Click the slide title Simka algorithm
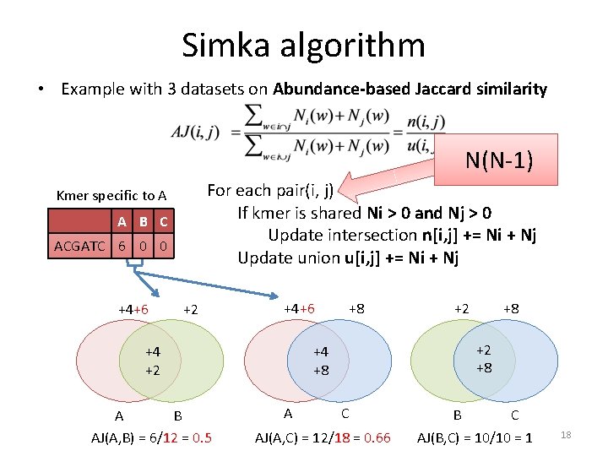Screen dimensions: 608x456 pos(303,45)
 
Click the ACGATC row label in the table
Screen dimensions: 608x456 pos(80,247)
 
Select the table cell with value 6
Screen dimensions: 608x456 pos(122,247)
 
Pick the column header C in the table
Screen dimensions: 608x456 pos(163,222)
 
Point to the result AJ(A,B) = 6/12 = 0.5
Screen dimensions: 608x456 pos(151,437)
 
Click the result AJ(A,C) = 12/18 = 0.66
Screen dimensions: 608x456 pos(323,437)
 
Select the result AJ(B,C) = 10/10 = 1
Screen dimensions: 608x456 pos(475,437)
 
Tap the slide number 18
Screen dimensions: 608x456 pos(567,434)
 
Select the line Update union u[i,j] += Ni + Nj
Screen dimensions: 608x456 pos(348,258)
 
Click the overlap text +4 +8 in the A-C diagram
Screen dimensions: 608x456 pos(320,361)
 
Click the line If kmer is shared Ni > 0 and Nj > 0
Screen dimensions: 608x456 pos(365,213)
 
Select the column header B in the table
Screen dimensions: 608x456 pos(143,222)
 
